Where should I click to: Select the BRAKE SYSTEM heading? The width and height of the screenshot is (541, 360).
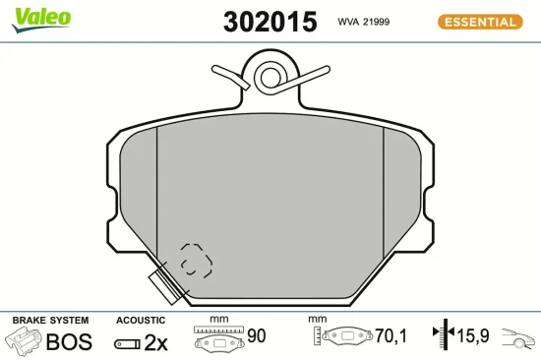click(x=50, y=320)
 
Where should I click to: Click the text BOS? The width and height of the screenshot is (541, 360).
click(x=69, y=342)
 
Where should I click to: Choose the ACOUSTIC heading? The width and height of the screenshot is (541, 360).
click(x=141, y=320)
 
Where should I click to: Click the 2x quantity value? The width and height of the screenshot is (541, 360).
click(x=156, y=342)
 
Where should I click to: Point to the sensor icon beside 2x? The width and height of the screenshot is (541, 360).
click(x=126, y=343)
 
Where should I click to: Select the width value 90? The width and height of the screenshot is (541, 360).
click(x=257, y=336)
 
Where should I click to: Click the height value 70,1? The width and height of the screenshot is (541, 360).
click(x=391, y=336)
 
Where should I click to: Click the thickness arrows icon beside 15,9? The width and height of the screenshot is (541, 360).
click(x=441, y=336)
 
